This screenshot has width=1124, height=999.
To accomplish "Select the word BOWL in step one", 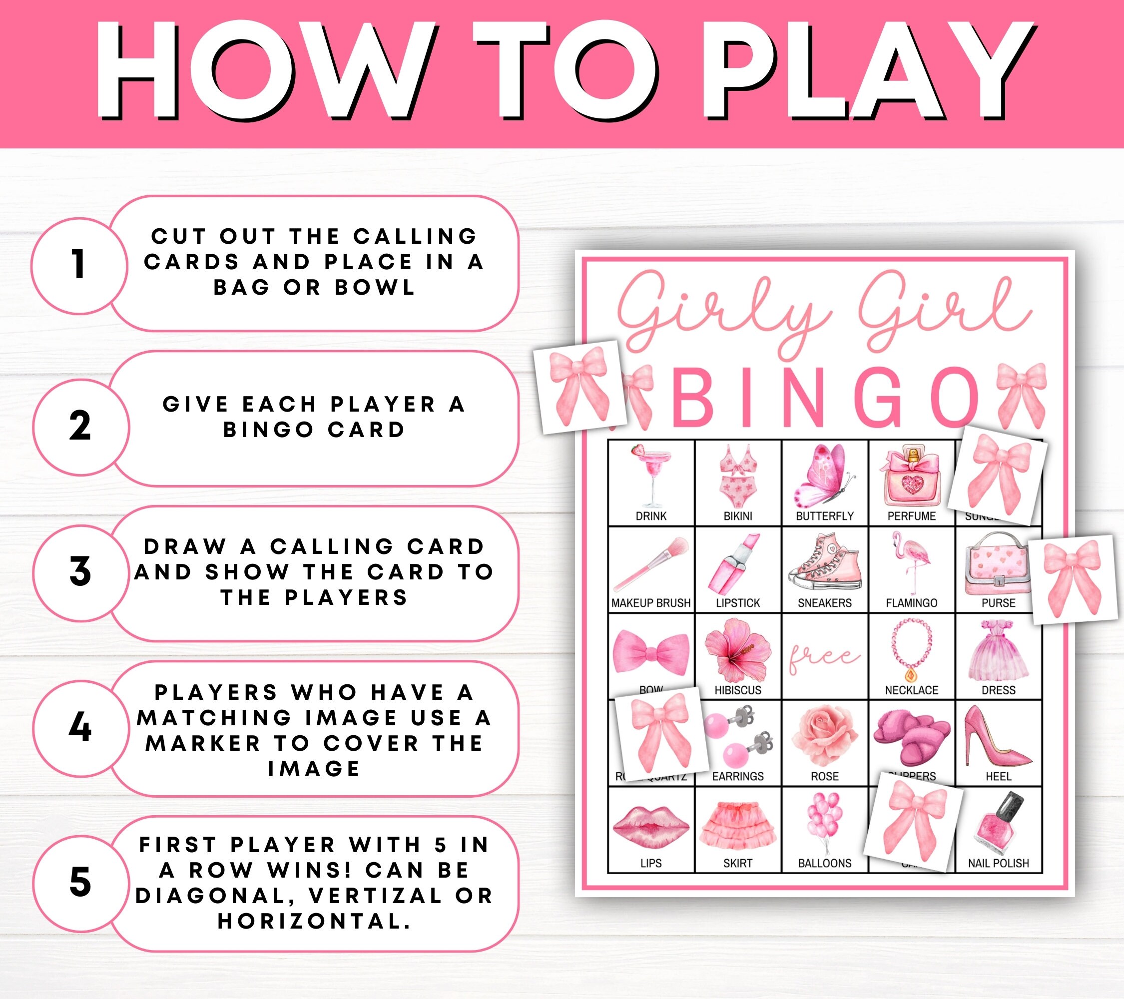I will click(375, 288).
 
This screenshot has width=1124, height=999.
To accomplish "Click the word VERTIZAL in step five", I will click(376, 896).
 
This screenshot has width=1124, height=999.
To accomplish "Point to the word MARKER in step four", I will click(203, 743).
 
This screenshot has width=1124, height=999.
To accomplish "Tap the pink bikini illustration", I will click(737, 477).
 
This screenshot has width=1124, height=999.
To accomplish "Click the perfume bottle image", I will click(912, 477).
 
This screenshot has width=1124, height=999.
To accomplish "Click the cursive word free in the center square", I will click(823, 657).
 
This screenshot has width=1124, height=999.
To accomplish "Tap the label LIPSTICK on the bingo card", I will click(737, 603).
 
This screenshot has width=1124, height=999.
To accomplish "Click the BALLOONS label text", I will click(824, 863).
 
